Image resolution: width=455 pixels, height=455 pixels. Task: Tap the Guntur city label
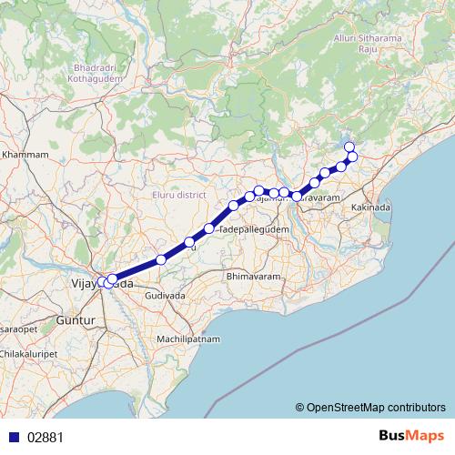click(x=69, y=321)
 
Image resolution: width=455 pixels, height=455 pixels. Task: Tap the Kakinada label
click(x=370, y=208)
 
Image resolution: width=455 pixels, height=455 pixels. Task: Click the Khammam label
click(x=25, y=156)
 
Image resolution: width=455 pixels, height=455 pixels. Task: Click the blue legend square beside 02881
click(x=12, y=437)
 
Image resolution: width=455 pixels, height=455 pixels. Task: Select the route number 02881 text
click(x=45, y=437)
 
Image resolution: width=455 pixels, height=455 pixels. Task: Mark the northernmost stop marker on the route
click(x=349, y=147)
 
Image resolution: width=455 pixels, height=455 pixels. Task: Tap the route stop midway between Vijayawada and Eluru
click(x=161, y=259)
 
